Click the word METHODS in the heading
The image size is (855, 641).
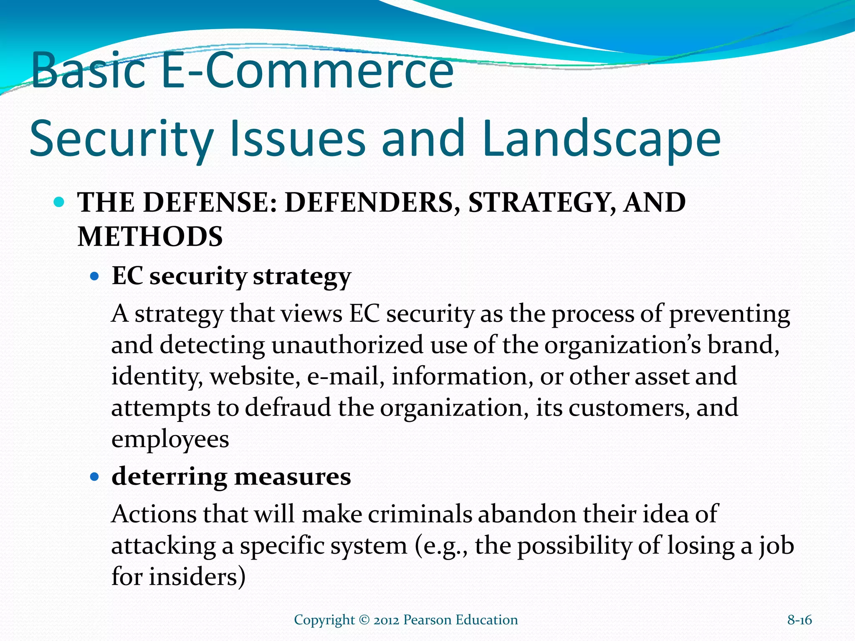(150, 237)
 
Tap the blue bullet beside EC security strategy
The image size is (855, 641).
(95, 276)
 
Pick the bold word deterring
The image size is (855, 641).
(169, 477)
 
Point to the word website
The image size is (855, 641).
(255, 376)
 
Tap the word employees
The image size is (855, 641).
(170, 439)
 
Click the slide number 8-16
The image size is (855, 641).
(799, 620)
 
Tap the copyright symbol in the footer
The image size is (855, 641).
(364, 620)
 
